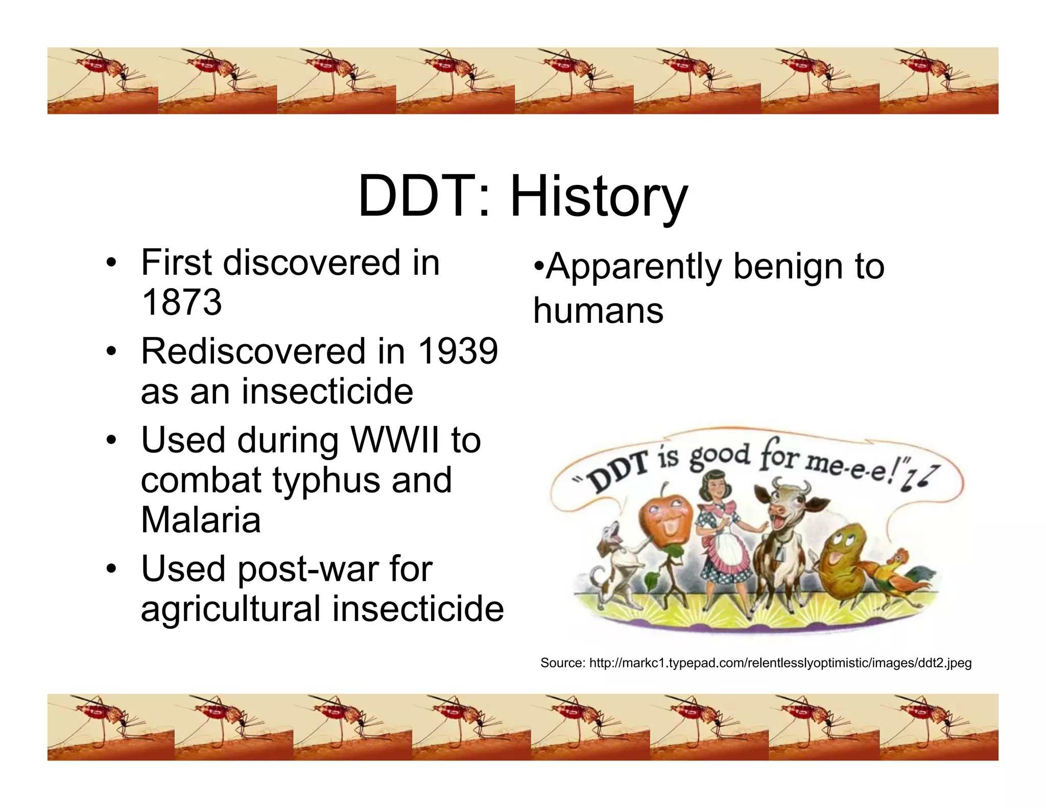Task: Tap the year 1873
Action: pyautogui.click(x=181, y=302)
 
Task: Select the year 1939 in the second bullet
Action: pyautogui.click(x=458, y=351)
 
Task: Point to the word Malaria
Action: pyautogui.click(x=201, y=520)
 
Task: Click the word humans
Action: pyautogui.click(x=598, y=311)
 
